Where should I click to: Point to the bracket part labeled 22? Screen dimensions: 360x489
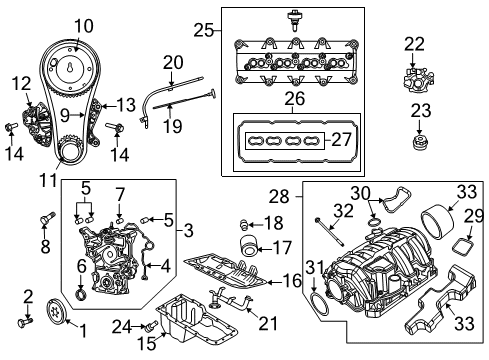pos(414,75)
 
